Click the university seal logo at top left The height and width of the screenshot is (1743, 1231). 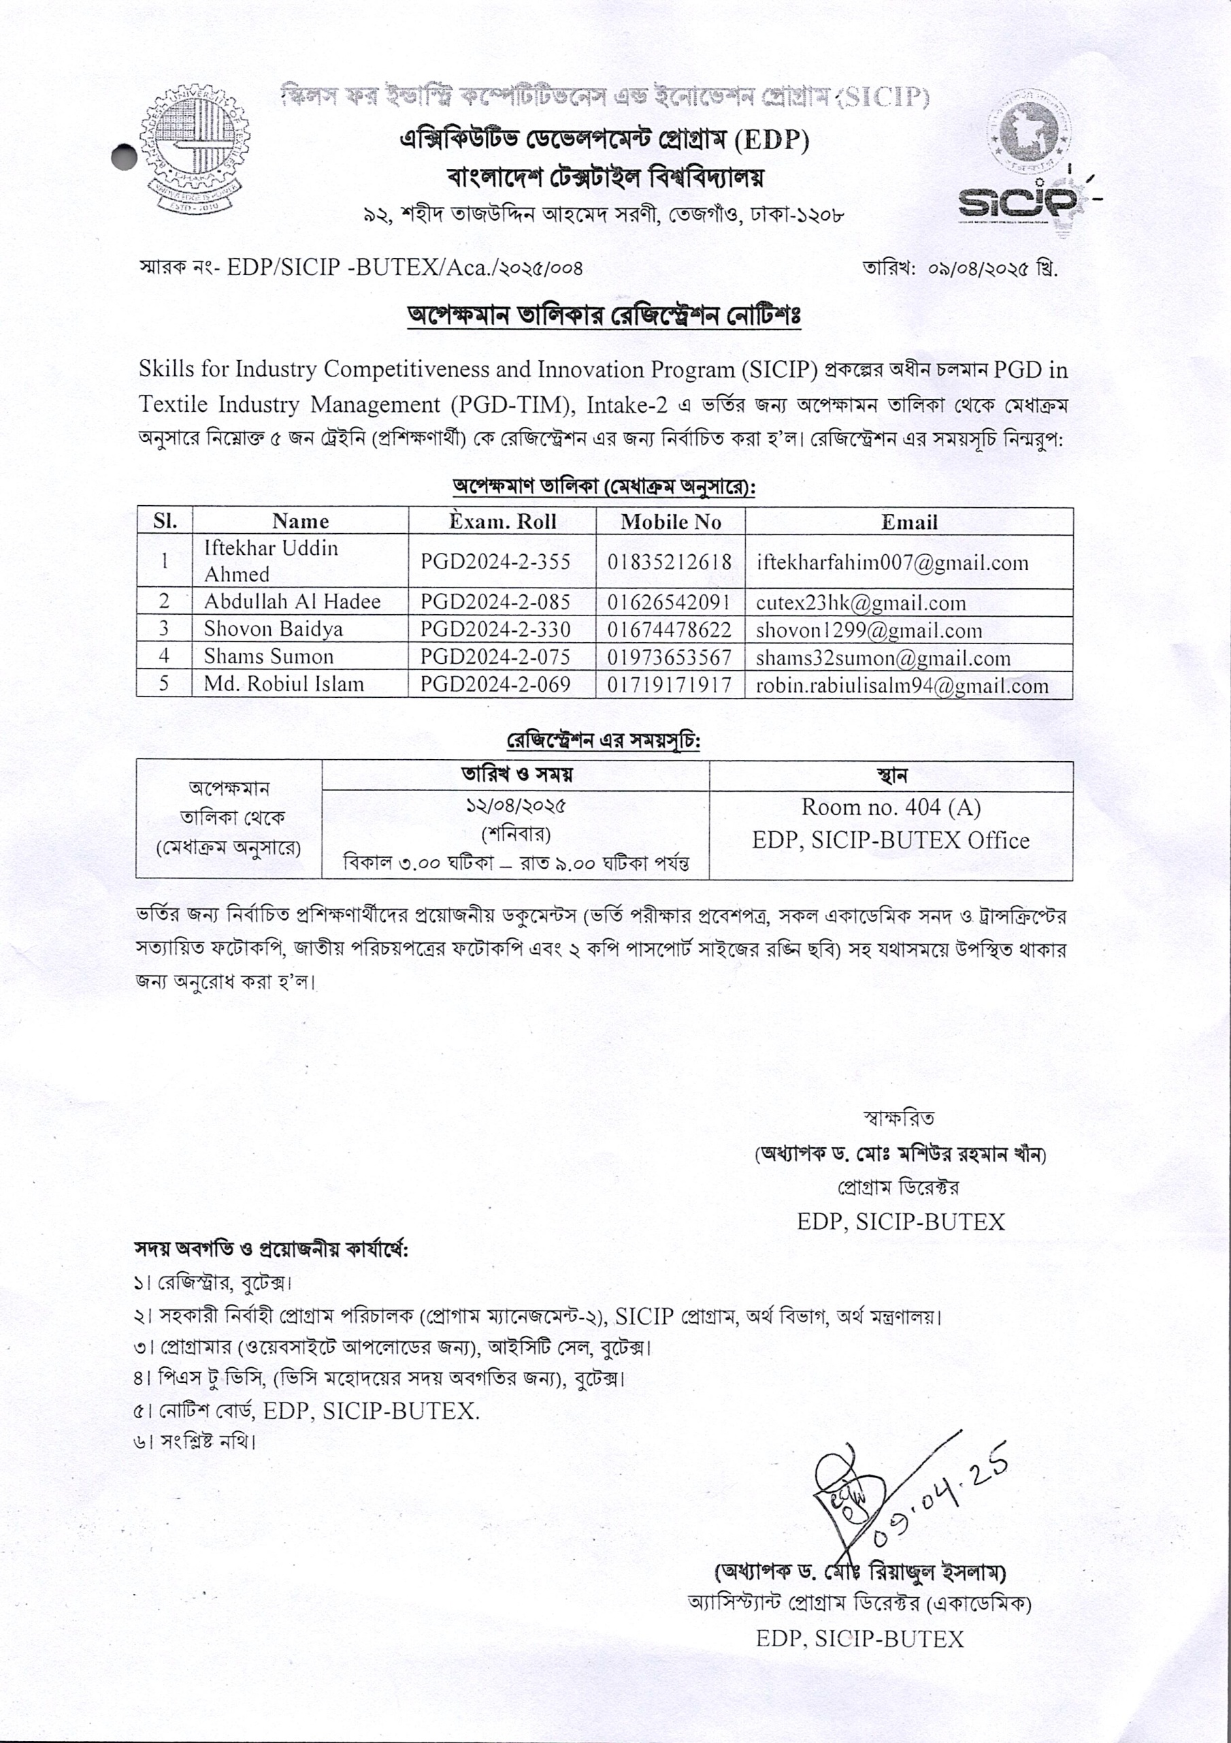click(195, 150)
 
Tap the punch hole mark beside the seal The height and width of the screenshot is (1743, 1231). click(123, 157)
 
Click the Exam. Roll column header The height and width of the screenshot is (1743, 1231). click(502, 522)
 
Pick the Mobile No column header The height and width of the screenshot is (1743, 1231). click(670, 522)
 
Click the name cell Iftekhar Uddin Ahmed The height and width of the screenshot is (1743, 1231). click(271, 561)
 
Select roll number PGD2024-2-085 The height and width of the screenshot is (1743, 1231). click(495, 603)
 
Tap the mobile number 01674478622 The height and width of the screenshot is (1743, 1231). click(670, 630)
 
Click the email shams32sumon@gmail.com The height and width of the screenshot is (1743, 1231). click(883, 658)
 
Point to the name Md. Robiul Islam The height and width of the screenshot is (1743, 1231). click(284, 684)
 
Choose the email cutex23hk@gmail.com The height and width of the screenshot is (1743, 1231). click(861, 603)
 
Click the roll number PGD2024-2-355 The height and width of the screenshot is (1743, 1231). click(495, 562)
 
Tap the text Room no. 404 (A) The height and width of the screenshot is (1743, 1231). click(891, 807)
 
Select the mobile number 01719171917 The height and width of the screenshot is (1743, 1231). click(670, 685)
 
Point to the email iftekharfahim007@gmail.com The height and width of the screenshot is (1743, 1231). click(893, 562)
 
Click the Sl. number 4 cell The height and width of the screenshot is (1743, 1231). click(164, 656)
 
